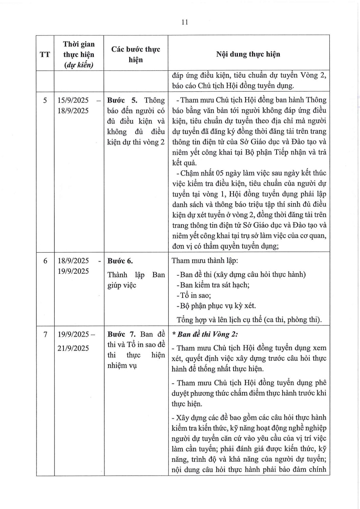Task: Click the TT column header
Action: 45,54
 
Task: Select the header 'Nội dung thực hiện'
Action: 248,54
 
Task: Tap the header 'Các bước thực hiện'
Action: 136,54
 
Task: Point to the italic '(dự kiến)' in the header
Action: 79,65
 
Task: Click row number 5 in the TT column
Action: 45,100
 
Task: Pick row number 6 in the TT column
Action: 45,261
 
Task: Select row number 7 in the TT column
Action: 45,334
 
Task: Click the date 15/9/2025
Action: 73,100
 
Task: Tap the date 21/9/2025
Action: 73,348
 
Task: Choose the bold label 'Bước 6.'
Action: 120,261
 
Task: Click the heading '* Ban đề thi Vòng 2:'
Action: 205,334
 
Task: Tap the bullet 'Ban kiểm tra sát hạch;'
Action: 215,285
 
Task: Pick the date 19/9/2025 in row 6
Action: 73,271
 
